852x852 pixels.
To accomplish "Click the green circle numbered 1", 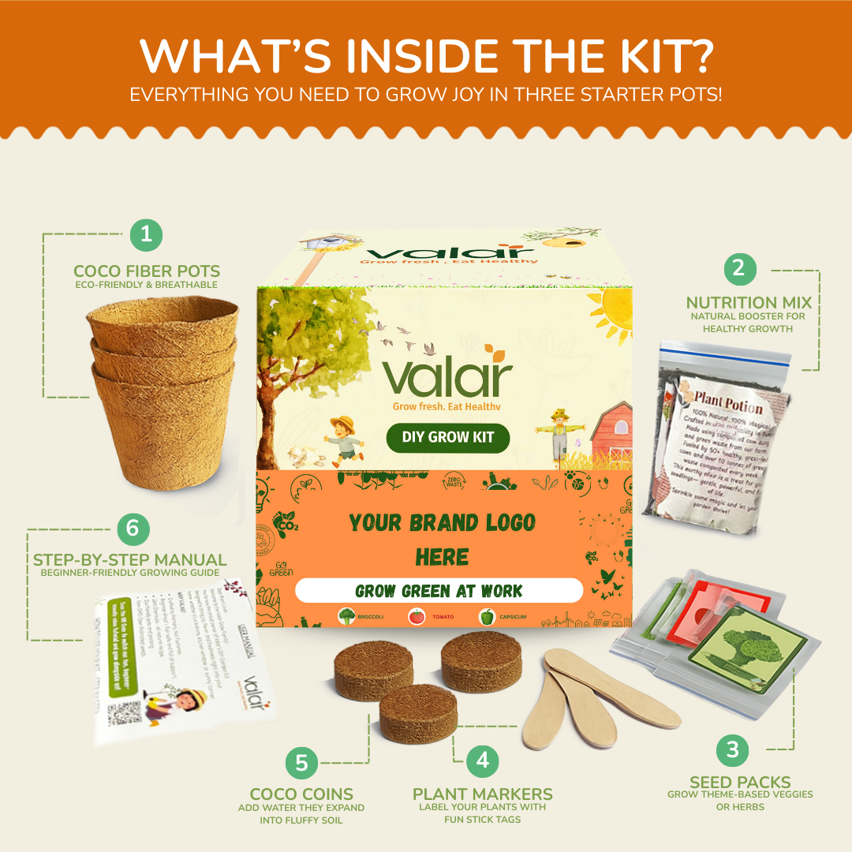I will coord(145,234).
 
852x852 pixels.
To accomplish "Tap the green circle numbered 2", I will coord(739,268).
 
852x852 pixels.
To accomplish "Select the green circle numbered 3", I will coord(733,749).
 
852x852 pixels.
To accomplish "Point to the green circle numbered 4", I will coord(483,760).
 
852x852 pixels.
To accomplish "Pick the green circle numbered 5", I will coord(301,763).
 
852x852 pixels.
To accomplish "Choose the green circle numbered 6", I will coord(133,529).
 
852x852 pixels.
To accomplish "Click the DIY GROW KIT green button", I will coord(447,438).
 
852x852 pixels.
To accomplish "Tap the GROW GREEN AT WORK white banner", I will coord(439,591).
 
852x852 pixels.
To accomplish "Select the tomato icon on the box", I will coord(417,617).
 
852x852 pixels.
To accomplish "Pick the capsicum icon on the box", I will coord(488,617).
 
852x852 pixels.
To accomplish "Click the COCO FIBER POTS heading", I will coord(147,271).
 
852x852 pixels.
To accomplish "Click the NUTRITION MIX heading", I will coord(748,302).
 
